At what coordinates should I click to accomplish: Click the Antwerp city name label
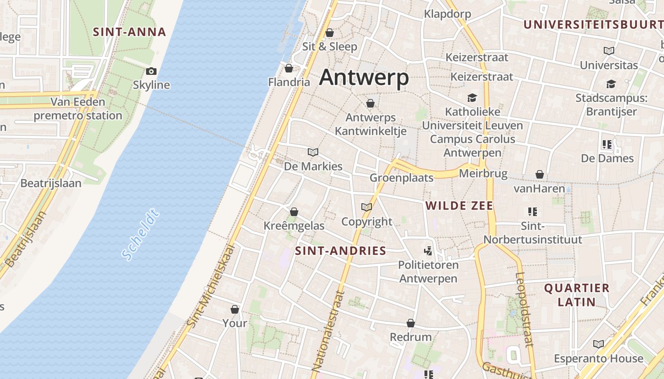click(364, 78)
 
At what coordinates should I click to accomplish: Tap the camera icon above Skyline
click(151, 72)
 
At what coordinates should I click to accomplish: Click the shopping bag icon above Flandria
click(289, 69)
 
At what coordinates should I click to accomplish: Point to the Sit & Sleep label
click(330, 46)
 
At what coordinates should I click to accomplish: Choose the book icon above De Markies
click(313, 152)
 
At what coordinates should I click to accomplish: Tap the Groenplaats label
click(401, 178)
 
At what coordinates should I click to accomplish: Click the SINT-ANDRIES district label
click(341, 251)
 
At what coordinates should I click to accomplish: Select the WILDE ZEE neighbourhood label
click(459, 206)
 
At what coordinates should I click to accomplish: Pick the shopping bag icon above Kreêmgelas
click(294, 212)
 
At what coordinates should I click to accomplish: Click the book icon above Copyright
click(367, 207)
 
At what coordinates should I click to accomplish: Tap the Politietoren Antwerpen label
click(428, 271)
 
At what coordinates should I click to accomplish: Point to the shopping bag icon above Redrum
click(411, 324)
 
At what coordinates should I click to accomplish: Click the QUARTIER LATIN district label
click(576, 295)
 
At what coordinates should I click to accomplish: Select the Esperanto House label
click(599, 358)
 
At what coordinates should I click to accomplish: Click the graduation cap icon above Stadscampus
click(611, 84)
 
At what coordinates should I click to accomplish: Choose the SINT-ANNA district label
click(129, 32)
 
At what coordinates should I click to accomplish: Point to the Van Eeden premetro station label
click(78, 108)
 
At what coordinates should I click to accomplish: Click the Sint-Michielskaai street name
click(212, 286)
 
